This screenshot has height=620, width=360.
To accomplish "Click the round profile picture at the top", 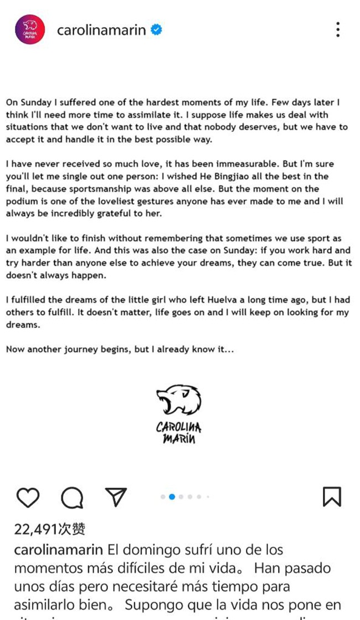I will tap(29, 29).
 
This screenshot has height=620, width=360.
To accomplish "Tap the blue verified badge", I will tap(157, 30).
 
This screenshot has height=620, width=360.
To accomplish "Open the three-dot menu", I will tap(337, 30).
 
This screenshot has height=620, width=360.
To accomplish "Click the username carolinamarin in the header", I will tap(101, 30).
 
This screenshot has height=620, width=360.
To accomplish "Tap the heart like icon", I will tap(28, 498).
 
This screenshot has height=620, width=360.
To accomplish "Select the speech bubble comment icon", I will tap(72, 498).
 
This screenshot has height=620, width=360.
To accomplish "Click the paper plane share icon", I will tap(116, 497).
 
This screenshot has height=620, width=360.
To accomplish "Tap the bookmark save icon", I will tap(332, 497).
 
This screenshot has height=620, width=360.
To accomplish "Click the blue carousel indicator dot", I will tap(172, 497).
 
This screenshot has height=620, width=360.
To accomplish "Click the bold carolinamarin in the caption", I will tap(58, 550).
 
